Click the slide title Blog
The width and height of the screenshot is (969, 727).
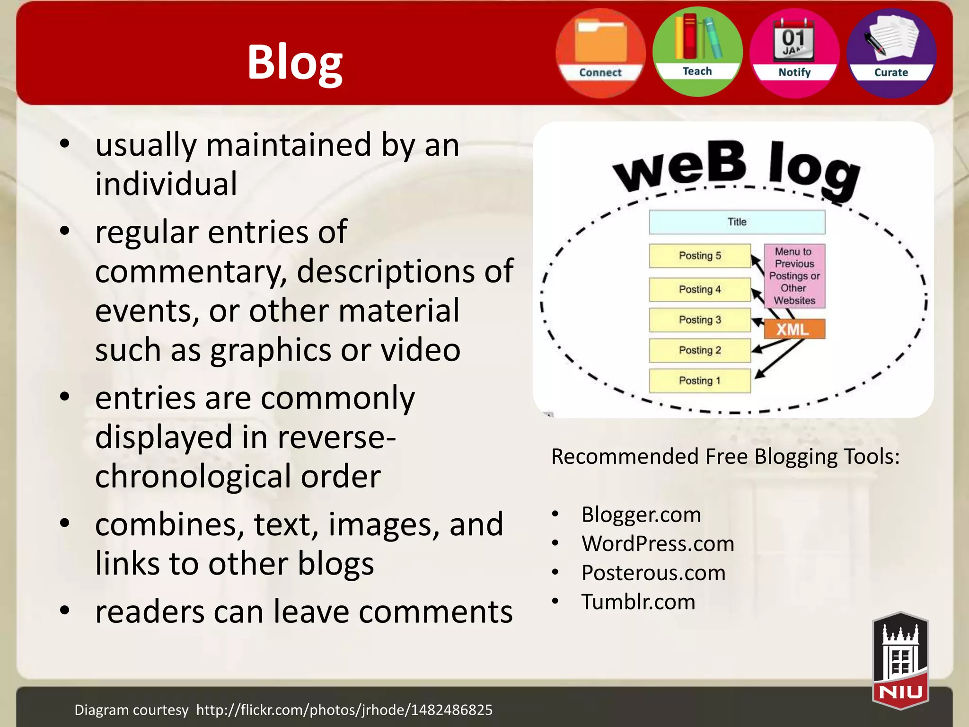point(294,62)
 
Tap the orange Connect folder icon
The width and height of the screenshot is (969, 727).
point(600,52)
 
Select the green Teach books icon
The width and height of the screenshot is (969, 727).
point(697,51)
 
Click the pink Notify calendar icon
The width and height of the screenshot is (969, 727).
point(794,52)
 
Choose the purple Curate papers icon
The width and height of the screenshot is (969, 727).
point(891,52)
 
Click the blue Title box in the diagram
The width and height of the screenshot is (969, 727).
point(737,222)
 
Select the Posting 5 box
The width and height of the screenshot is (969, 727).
point(700,256)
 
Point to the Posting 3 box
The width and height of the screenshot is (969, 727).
point(700,320)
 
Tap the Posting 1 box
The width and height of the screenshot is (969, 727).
point(700,381)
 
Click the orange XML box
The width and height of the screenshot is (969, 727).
point(793,329)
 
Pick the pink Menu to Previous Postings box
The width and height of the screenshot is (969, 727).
point(794,276)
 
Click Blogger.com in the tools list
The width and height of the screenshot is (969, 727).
point(641,514)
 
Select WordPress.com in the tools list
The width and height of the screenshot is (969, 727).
point(658,544)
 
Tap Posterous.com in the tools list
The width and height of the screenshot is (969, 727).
point(653,573)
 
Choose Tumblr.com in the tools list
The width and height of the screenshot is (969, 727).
point(638,602)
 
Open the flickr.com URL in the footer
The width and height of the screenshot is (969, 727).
point(344,710)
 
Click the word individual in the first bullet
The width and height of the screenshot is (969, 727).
point(166,184)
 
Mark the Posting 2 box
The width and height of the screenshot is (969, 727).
point(700,350)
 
